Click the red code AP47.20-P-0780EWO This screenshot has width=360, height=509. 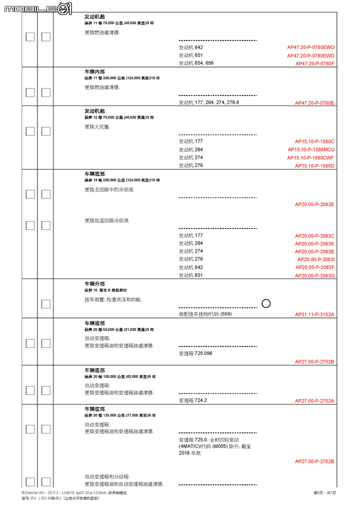click(x=310, y=47)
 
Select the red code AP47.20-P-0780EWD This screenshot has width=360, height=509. click(x=310, y=55)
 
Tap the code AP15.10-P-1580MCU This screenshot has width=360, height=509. click(x=311, y=149)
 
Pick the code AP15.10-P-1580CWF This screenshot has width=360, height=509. click(x=310, y=157)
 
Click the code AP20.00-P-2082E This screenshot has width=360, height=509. click(x=314, y=204)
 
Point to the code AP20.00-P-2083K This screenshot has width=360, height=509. click(x=314, y=243)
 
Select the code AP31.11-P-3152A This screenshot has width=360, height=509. click(x=314, y=314)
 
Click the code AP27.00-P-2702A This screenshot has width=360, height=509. click(x=314, y=400)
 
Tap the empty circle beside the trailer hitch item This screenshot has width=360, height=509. click(x=266, y=303)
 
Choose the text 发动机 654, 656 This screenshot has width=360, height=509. click(x=196, y=63)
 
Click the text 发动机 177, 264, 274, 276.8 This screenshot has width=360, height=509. click(x=208, y=102)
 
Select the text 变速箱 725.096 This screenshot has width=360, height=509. click(x=195, y=353)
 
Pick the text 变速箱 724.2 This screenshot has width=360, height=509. click(x=192, y=400)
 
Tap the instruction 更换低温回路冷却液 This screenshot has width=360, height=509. click(x=107, y=220)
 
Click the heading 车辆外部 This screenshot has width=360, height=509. click(x=94, y=283)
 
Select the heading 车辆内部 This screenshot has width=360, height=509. click(x=94, y=71)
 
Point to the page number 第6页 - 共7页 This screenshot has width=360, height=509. click(x=324, y=493)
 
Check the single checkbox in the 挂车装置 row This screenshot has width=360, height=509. click(x=46, y=303)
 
